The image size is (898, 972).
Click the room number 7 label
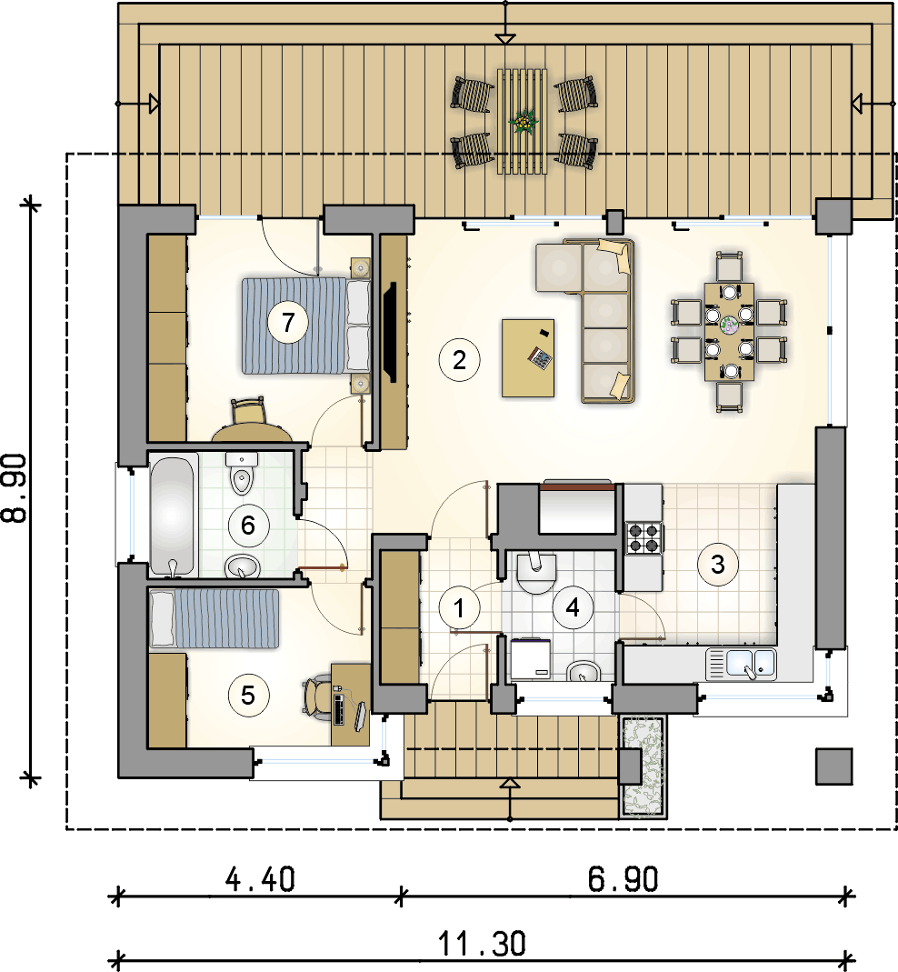click(287, 323)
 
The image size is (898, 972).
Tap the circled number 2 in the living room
click(459, 359)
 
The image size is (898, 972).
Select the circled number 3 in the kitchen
click(718, 564)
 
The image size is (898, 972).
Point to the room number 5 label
click(248, 696)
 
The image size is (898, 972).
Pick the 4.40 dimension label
click(260, 879)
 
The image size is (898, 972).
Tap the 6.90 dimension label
click(623, 879)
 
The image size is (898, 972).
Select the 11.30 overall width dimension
click(482, 944)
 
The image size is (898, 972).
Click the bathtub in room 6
click(174, 516)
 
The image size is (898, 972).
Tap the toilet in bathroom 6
click(242, 473)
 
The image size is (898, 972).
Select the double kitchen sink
click(741, 663)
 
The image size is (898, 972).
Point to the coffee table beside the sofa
click(528, 357)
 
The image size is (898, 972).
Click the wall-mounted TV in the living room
click(391, 332)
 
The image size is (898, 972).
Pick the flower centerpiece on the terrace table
click(524, 121)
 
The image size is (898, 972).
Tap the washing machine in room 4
click(531, 658)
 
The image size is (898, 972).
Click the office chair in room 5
click(318, 698)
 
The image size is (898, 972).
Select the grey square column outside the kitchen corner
click(833, 767)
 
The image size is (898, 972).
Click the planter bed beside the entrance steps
click(644, 767)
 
